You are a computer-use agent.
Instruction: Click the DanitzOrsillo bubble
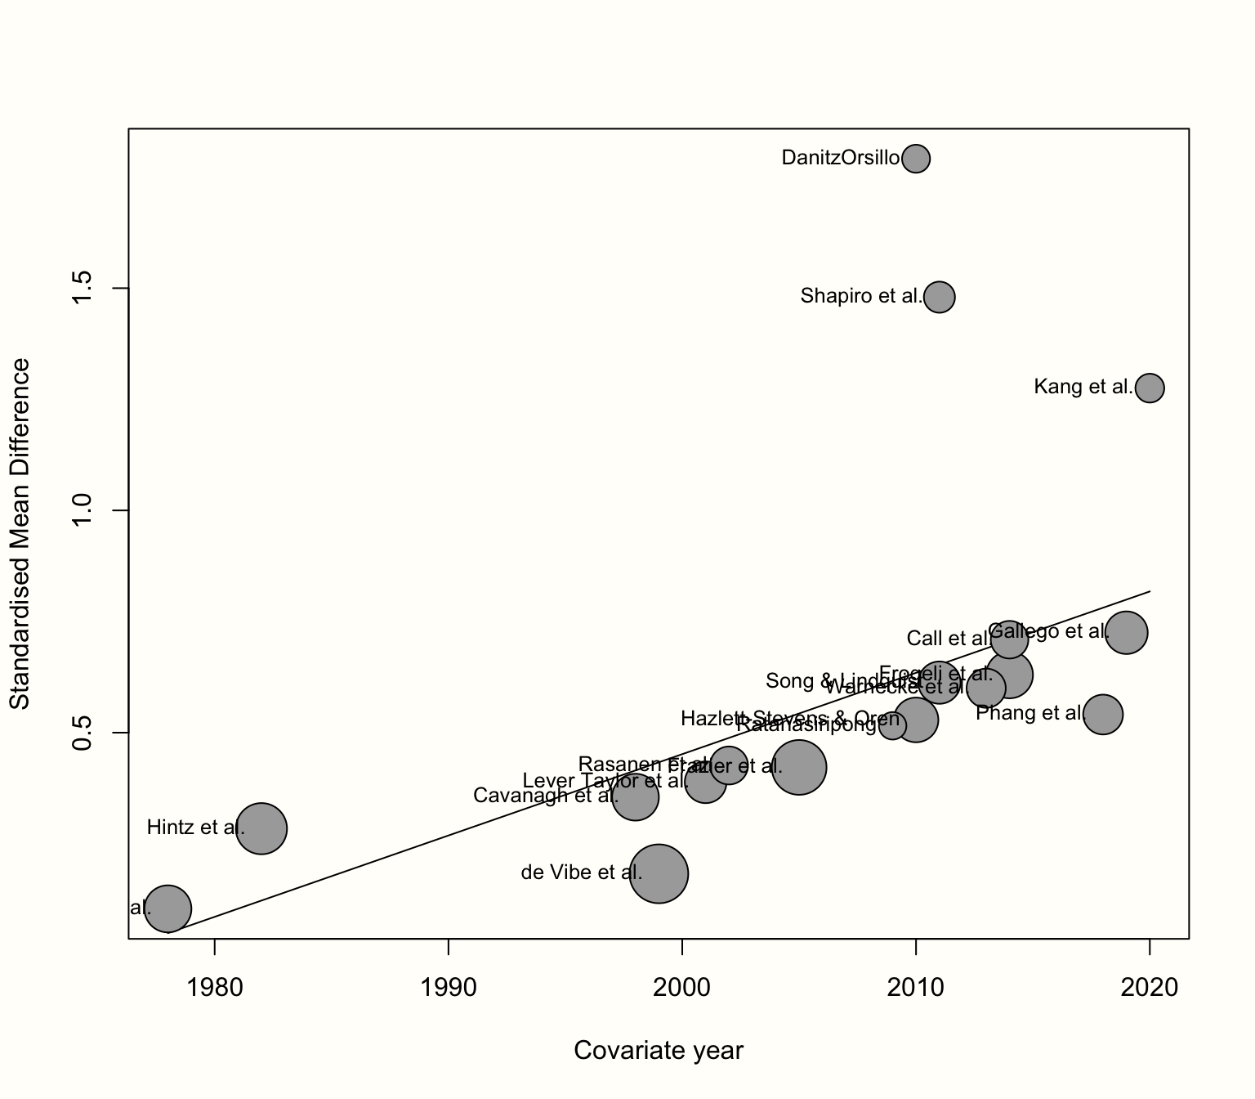(916, 158)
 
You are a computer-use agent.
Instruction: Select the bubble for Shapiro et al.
(940, 296)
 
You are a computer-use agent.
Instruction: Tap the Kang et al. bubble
(1150, 388)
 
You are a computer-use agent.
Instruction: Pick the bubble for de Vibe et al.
(659, 874)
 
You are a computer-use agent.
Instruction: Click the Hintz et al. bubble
(261, 828)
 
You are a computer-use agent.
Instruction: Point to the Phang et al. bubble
(1103, 715)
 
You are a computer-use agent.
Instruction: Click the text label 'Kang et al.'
(1083, 387)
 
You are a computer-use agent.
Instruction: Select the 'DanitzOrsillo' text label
(841, 158)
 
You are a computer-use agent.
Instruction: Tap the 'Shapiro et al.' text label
(861, 296)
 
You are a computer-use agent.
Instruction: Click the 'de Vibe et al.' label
(581, 872)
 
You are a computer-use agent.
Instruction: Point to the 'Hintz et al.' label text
(195, 828)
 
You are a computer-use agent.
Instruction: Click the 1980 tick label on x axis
(215, 989)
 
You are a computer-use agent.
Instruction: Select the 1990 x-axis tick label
(449, 989)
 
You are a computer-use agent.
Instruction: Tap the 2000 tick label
(682, 989)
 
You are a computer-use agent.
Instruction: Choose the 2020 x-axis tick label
(1150, 989)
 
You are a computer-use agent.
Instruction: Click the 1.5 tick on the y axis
(83, 289)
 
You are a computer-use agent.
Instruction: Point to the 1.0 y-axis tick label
(83, 511)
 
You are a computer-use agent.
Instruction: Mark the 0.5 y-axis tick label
(83, 733)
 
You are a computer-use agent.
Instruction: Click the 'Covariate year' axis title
(659, 1051)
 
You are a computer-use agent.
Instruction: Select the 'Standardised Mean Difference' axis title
(20, 533)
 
